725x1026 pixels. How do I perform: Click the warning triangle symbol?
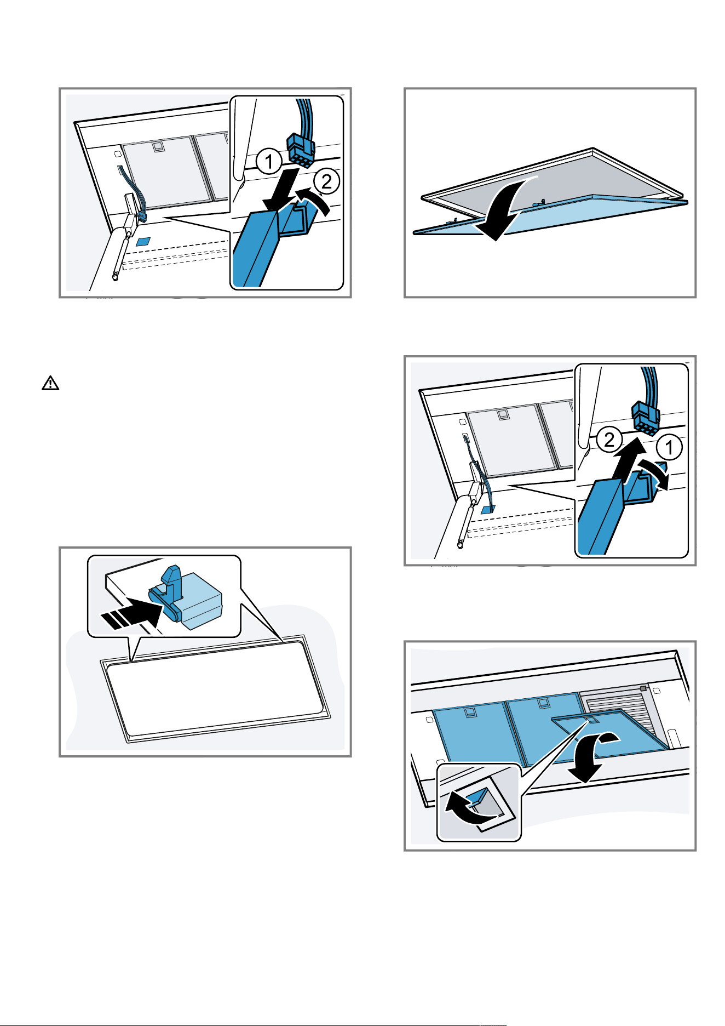coord(50,383)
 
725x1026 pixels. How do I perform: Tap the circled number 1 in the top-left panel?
coord(269,162)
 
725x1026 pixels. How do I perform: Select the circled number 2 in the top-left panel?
coord(326,181)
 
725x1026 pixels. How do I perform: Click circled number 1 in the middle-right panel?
coord(669,448)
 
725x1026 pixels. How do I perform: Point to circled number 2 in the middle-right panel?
coord(609,440)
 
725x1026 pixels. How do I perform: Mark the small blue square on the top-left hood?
coord(143,241)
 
